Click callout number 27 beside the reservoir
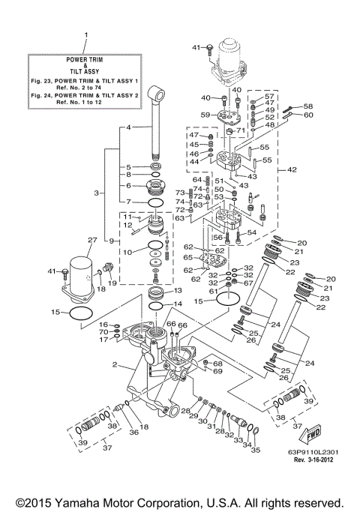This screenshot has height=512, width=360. point(92,241)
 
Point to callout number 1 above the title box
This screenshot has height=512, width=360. point(85,35)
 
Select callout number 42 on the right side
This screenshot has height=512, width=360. point(293,170)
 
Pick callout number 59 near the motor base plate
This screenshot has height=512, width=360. point(205,115)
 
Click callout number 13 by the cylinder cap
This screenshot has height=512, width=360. point(178,290)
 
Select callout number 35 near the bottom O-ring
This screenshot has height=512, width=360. point(255,451)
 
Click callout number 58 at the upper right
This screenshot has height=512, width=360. point(307,106)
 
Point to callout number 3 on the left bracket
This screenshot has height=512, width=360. point(97,193)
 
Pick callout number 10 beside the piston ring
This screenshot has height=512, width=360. point(128,252)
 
